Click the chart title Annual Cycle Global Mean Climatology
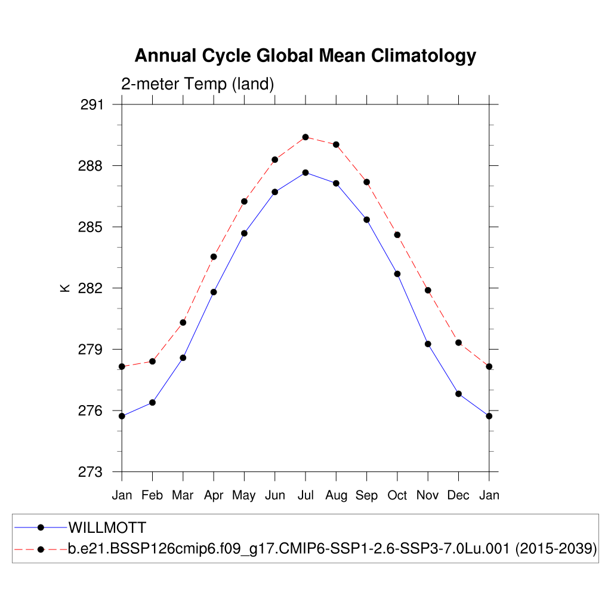[305, 55]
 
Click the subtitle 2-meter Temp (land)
[198, 84]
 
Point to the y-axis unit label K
[65, 288]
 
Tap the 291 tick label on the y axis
[91, 105]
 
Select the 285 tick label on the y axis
[91, 227]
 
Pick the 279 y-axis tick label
[91, 350]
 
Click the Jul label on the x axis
[305, 495]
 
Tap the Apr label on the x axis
[214, 496]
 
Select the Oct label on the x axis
[397, 495]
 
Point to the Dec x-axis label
[458, 495]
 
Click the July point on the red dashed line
[305, 137]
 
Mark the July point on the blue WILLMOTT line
[305, 172]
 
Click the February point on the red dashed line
[153, 361]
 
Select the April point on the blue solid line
[214, 292]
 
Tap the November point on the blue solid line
[428, 344]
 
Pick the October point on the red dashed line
[397, 234]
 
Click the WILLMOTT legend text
[107, 527]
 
